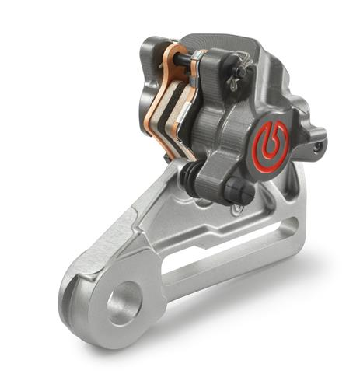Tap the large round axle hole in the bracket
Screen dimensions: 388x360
124,302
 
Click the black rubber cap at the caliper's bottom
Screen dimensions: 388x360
236,190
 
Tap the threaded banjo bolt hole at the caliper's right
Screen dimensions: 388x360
317,145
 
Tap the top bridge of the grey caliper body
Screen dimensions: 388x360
241,47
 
